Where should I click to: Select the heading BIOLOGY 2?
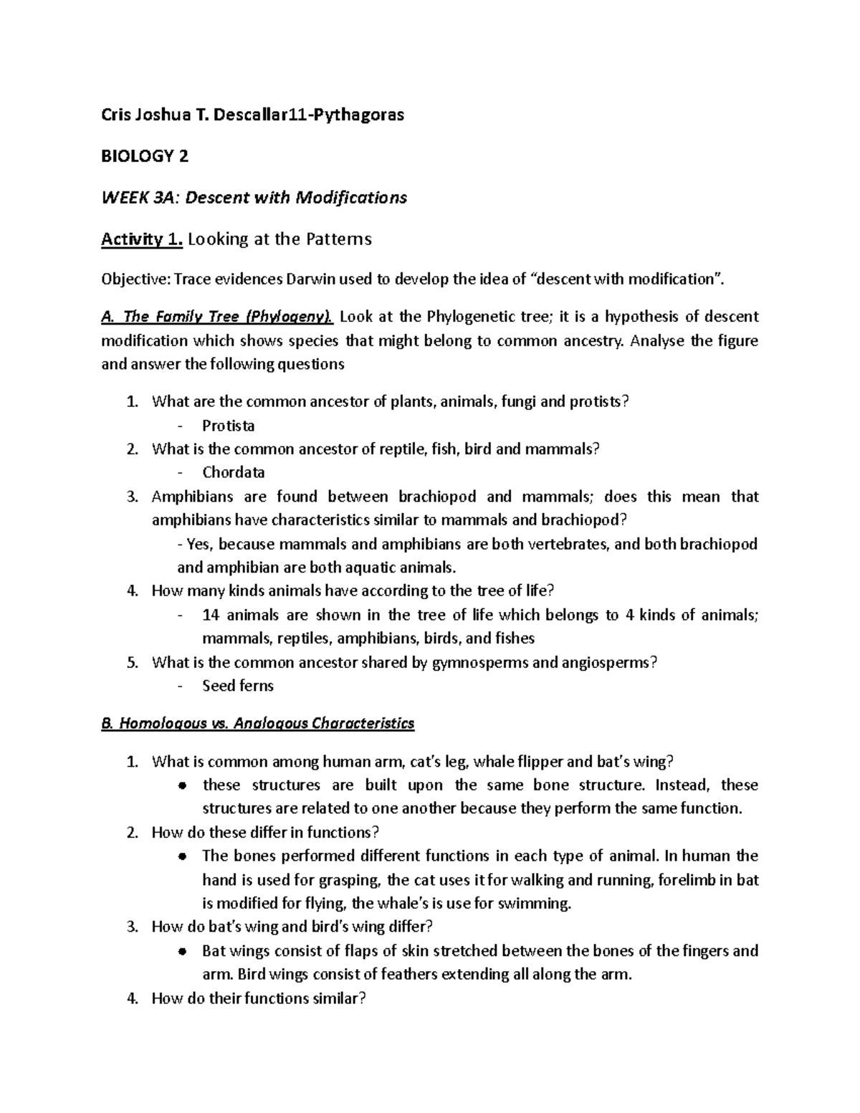(x=145, y=156)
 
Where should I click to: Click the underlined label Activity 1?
(x=142, y=239)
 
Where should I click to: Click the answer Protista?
(x=229, y=426)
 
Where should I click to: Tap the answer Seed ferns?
(x=238, y=686)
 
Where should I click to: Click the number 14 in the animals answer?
(x=211, y=615)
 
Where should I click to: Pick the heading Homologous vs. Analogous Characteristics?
(x=258, y=723)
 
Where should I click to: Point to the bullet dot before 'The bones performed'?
(x=183, y=856)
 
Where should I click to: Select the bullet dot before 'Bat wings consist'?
(x=183, y=952)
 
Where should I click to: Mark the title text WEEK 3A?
(x=134, y=198)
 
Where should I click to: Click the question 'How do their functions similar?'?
(x=259, y=998)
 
